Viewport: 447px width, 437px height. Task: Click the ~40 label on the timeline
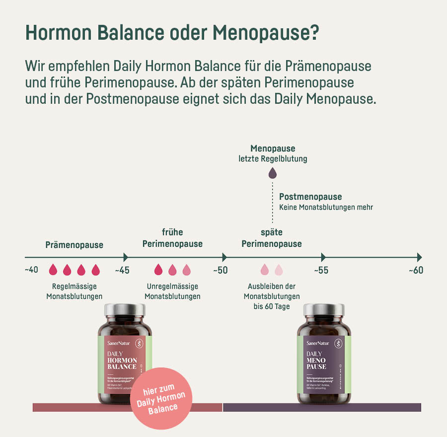31,270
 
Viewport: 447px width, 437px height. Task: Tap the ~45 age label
122,270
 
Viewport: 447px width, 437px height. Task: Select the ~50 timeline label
221,270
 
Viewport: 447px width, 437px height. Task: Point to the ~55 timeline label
321,270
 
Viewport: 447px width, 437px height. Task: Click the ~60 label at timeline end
416,270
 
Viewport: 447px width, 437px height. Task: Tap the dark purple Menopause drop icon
272,173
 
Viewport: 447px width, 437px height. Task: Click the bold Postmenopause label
310,197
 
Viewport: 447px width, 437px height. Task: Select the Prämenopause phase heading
74,245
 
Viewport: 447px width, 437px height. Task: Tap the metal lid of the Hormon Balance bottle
125,310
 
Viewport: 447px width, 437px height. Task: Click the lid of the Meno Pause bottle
324,310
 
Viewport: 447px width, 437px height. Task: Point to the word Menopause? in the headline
266,34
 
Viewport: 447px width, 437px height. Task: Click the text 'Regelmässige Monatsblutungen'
74,291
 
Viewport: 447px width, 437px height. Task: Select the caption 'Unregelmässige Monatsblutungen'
172,291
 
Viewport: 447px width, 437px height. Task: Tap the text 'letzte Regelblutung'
273,159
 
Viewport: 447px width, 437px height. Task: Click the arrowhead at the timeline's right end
420,257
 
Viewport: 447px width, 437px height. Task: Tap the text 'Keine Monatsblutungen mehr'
326,207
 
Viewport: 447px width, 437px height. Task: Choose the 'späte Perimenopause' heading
272,238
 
